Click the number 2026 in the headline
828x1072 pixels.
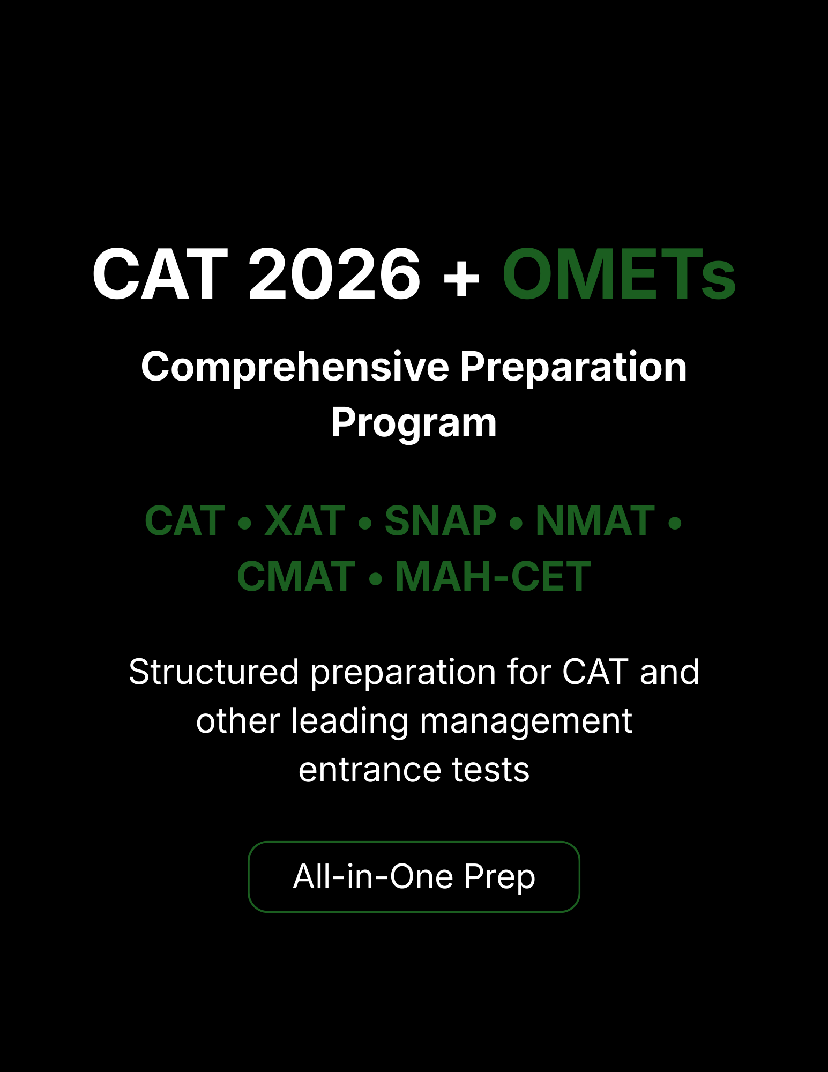[334, 274]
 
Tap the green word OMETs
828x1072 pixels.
[618, 274]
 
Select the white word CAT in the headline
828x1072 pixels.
[160, 274]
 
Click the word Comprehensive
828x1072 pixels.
[295, 367]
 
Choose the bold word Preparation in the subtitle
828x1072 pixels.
[573, 367]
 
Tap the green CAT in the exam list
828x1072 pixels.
[185, 520]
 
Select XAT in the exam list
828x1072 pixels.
[304, 520]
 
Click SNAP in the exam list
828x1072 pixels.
[441, 520]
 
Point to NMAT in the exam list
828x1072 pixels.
[595, 520]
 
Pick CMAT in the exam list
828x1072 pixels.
[296, 577]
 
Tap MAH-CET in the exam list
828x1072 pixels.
[493, 577]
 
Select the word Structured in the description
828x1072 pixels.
[213, 672]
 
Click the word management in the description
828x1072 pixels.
[526, 721]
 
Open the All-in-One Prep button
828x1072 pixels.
[414, 877]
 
